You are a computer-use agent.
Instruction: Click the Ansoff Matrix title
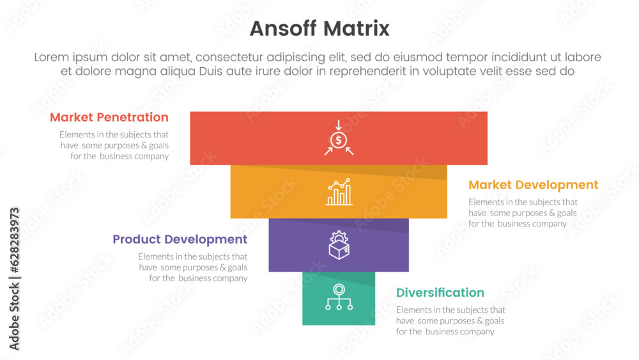tap(319, 29)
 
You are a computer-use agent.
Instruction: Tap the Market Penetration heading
tap(109, 117)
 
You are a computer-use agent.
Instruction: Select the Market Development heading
tap(533, 185)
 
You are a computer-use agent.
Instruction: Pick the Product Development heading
tap(180, 239)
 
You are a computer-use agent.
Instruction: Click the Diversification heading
tap(440, 292)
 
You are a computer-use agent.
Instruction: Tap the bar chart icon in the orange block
tap(339, 192)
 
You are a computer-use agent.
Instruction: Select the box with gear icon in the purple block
tap(339, 245)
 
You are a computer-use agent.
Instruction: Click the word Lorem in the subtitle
tap(52, 58)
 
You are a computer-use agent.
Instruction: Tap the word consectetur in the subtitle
tap(250, 58)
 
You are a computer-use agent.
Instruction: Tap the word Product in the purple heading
tap(136, 239)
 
